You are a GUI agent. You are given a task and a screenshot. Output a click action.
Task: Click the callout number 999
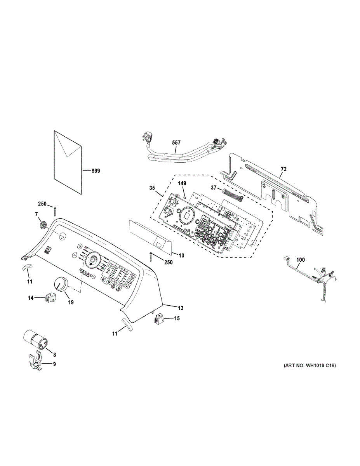pos(95,170)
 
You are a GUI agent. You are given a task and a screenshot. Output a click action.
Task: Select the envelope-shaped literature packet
pos(68,162)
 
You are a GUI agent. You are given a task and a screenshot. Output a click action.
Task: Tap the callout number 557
pos(176,143)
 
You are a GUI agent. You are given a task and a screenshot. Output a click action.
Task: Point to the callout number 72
pos(284,169)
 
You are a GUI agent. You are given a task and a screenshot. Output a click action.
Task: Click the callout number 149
pos(183,183)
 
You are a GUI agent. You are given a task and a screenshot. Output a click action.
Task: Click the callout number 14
pos(31,298)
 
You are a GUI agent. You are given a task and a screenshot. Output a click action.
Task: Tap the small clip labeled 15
pos(159,320)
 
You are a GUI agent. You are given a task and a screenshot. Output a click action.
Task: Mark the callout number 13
pos(181,308)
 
